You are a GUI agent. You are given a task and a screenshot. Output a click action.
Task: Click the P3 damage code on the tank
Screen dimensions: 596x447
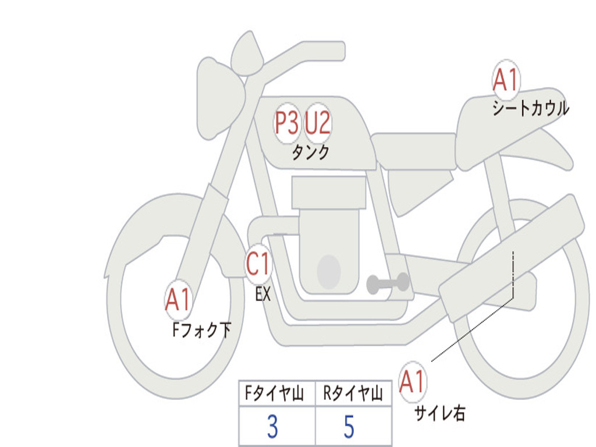(286, 123)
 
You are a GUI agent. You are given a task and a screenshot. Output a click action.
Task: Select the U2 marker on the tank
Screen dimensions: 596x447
(318, 123)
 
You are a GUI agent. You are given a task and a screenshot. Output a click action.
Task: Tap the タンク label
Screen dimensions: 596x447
(310, 152)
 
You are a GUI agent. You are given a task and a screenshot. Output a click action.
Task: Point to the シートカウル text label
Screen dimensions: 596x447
(530, 109)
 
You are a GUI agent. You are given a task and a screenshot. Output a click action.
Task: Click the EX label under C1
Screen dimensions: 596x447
(263, 295)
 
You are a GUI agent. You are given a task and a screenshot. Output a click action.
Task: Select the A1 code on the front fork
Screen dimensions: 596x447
(178, 300)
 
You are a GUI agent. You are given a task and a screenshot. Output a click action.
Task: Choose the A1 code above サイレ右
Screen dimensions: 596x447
(412, 382)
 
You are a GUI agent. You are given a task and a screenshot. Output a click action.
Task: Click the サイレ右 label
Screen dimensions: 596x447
(439, 413)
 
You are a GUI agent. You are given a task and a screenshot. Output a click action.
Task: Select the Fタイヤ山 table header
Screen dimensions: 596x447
(274, 395)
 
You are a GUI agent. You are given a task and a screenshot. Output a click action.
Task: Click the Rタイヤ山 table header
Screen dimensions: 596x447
(353, 395)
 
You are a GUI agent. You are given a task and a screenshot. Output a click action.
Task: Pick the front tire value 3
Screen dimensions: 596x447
(272, 427)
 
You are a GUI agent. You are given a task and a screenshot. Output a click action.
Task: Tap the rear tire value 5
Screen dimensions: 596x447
(349, 427)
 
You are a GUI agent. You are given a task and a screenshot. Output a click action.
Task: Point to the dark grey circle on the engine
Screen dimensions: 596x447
(328, 271)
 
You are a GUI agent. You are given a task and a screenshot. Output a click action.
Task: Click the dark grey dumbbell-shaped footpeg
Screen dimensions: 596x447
(388, 283)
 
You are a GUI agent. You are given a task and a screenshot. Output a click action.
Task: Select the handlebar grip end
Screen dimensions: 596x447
(338, 50)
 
